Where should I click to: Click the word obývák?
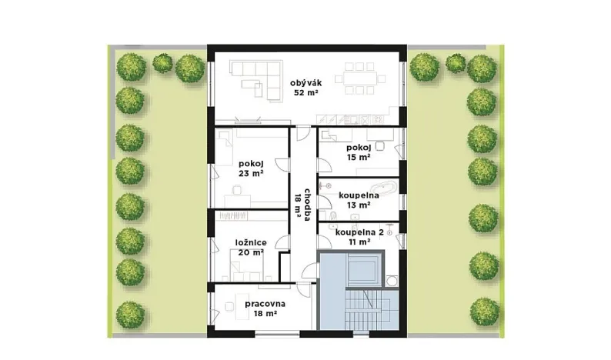pyautogui.click(x=305, y=83)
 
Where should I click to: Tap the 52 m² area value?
pyautogui.click(x=305, y=93)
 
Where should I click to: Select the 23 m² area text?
pyautogui.click(x=252, y=173)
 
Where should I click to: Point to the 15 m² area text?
pyautogui.click(x=359, y=157)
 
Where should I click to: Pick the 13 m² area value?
pyautogui.click(x=359, y=205)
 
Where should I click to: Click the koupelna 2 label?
pyautogui.click(x=359, y=231)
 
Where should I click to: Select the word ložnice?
pyautogui.click(x=251, y=242)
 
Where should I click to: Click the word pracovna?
pyautogui.click(x=265, y=304)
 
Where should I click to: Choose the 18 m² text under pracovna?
pyautogui.click(x=265, y=314)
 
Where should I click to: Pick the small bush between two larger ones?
pyautogui.click(x=162, y=62)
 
